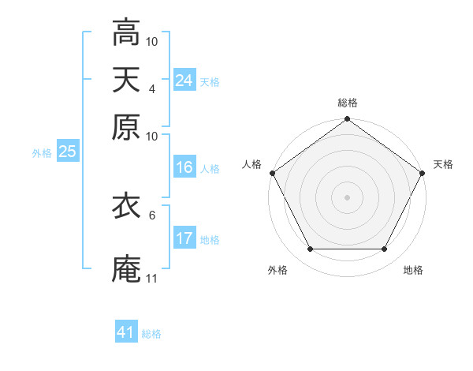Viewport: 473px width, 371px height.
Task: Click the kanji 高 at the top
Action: pos(126,32)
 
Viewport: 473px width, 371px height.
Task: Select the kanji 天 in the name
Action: pos(126,79)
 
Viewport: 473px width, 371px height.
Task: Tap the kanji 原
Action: pos(126,126)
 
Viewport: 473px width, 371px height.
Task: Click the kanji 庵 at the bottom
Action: pos(126,268)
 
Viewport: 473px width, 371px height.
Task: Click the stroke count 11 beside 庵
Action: pos(152,278)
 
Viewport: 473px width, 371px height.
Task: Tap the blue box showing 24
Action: pos(184,81)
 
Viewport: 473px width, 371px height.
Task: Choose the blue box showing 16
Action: pos(184,167)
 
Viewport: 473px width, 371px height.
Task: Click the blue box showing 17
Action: pos(184,238)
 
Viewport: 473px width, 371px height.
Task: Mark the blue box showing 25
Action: pos(67,152)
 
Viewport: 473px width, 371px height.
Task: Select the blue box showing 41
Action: pos(126,332)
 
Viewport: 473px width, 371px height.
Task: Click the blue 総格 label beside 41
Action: pos(151,334)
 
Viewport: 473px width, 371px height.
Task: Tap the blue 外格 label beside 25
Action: pos(41,153)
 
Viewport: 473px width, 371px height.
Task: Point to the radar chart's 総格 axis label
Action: pos(347,103)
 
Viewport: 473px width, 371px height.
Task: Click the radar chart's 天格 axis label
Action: pos(443,164)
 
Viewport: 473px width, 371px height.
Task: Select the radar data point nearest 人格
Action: pos(272,173)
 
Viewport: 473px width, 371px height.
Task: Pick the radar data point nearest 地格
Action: pos(385,249)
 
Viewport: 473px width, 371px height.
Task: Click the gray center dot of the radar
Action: pos(347,197)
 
